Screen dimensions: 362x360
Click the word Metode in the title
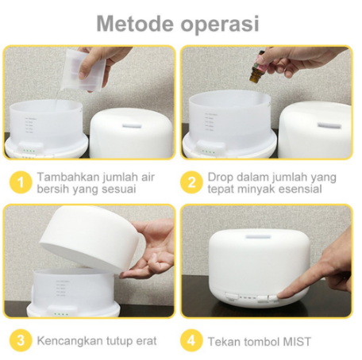[135, 24]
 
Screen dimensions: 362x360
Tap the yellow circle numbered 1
[21, 182]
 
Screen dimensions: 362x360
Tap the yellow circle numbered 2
[191, 182]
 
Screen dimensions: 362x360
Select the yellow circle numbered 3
[21, 340]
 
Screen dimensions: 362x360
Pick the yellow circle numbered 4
[191, 340]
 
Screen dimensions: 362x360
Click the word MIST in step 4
[297, 342]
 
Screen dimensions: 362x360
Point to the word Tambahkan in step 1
[67, 177]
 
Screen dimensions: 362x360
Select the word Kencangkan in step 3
[70, 341]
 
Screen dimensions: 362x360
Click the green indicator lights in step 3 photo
[61, 314]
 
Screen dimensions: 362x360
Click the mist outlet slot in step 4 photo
[258, 237]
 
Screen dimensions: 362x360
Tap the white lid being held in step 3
[90, 239]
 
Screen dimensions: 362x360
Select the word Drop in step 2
[221, 177]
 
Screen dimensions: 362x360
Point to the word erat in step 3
[146, 341]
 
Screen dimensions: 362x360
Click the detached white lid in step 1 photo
[132, 134]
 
